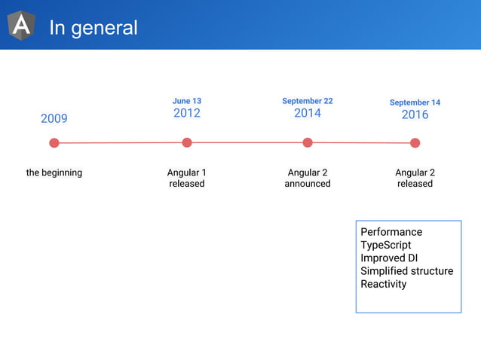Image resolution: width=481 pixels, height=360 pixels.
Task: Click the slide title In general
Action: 93,28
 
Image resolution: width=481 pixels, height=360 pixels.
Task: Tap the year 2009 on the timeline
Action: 54,118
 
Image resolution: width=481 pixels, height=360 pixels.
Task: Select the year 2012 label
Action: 187,114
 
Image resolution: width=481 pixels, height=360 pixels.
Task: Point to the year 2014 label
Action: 308,113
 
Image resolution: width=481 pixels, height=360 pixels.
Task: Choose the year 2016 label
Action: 415,114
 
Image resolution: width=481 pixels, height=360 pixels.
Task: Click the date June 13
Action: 187,101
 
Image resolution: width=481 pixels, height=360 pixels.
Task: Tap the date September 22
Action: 308,101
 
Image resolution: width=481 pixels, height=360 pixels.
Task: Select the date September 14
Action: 415,102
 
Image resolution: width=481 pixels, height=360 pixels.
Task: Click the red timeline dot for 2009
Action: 54,143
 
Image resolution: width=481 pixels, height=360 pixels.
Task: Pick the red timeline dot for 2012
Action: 187,142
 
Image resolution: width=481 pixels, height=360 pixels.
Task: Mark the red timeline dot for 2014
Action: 308,142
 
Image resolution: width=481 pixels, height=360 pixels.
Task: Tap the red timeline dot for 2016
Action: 415,143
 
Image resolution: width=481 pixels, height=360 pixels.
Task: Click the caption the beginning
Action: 54,172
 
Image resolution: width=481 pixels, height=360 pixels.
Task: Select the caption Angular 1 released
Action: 187,178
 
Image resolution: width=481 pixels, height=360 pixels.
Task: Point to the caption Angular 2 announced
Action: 308,178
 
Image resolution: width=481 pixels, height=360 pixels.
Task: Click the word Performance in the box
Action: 391,232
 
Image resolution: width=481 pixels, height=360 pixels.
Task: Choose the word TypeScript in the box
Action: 386,245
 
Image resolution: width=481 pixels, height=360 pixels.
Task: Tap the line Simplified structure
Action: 407,271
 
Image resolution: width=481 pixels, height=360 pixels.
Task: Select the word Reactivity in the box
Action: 384,284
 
